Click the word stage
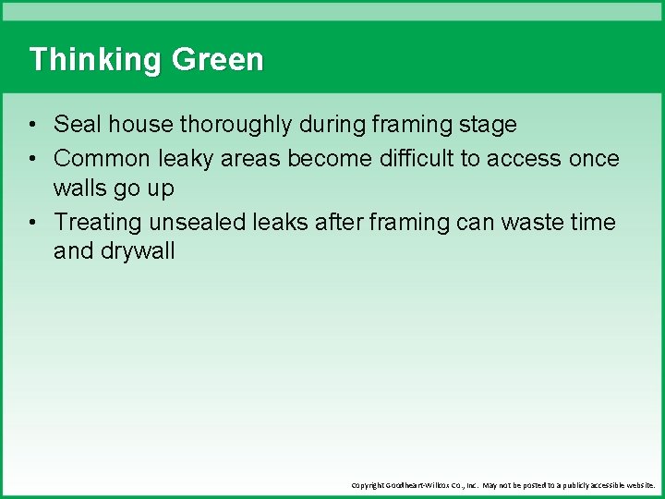(x=486, y=124)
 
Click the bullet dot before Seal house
(x=32, y=125)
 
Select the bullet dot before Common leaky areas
(x=32, y=160)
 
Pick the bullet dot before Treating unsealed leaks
(x=32, y=223)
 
